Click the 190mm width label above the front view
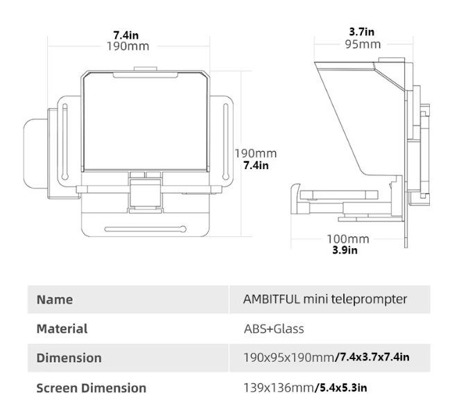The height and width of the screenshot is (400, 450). tap(128, 46)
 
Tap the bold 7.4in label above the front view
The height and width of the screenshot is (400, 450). tap(128, 35)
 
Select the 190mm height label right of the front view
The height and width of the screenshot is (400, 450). tap(255, 153)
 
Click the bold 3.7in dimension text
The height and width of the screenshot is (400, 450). tap(361, 32)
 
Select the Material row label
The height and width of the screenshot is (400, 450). tap(62, 329)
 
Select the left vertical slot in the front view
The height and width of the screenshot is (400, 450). tap(64, 139)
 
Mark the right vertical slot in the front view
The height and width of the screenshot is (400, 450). tap(224, 139)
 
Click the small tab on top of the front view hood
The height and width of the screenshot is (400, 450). tap(145, 69)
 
